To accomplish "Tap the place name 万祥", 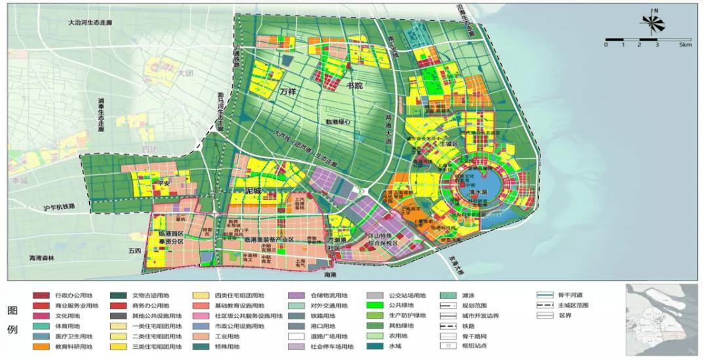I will pos(288,92).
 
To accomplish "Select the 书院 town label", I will pos(355,86).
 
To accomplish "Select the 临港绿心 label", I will pos(338,122).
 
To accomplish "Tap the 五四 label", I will pos(134,250).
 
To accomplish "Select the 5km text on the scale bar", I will pos(685,45).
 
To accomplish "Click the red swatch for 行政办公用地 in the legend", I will pos(41,296).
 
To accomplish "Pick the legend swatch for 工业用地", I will pos(201,336).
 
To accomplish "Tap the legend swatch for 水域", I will pos(374,347).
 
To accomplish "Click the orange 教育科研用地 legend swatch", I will pos(41,347).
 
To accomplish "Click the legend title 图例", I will pos(11,319).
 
